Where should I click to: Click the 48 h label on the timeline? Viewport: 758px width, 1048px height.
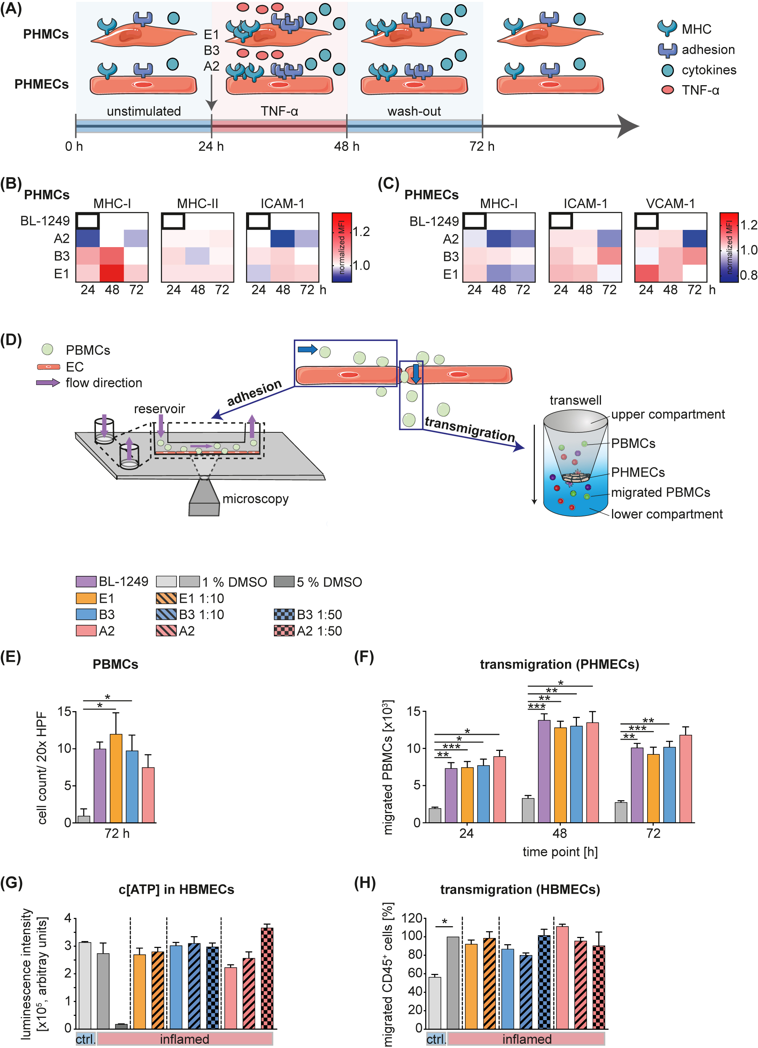(346, 147)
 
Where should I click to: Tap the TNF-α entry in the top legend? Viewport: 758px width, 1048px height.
(700, 90)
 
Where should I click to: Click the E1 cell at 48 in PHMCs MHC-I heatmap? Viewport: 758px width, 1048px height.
(112, 273)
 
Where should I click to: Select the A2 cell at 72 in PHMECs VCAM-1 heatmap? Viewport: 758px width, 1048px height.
(694, 238)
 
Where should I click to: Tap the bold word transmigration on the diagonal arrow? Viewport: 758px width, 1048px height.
(469, 429)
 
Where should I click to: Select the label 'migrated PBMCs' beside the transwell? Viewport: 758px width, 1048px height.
(660, 492)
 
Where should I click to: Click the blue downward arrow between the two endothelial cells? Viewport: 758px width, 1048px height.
(416, 373)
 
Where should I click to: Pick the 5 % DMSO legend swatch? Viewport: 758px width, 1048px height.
(284, 581)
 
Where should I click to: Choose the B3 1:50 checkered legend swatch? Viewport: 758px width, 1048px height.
(284, 614)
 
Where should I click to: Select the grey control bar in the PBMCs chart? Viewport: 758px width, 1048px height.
(84, 819)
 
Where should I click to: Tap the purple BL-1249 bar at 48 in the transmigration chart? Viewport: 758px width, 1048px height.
(544, 771)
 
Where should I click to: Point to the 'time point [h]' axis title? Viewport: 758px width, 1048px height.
(560, 852)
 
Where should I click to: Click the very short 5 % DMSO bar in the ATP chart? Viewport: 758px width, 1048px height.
(121, 1026)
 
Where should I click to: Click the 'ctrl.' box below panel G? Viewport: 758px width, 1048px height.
(86, 1039)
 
